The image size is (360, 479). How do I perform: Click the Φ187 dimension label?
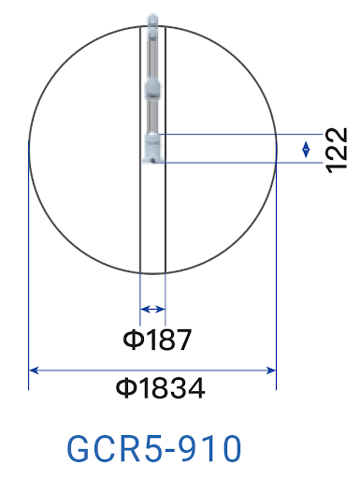(157, 340)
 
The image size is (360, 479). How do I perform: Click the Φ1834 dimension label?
(161, 388)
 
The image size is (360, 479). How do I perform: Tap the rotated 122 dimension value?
(337, 150)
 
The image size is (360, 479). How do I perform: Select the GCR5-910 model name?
(154, 448)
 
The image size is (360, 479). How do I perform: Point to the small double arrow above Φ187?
(152, 310)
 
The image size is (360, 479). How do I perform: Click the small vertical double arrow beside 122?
(306, 150)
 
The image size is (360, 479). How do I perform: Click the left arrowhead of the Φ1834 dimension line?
(34, 370)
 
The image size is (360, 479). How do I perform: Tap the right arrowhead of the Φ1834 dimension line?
(271, 370)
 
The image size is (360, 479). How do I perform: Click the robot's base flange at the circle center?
(152, 149)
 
